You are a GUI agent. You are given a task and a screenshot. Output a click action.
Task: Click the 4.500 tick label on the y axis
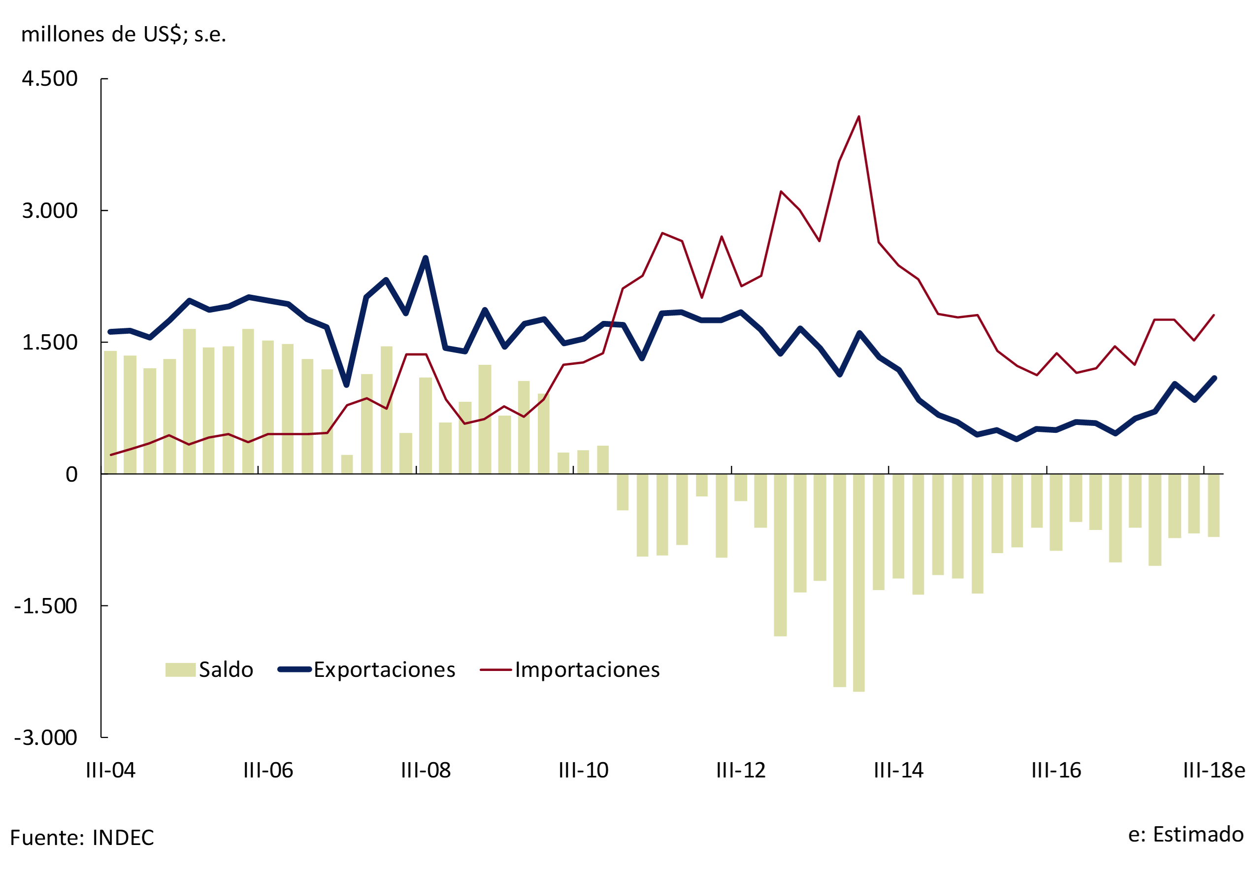pos(50,78)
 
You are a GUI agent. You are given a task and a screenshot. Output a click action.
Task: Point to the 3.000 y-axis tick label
pos(50,211)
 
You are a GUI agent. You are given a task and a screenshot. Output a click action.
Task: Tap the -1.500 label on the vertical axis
pos(46,606)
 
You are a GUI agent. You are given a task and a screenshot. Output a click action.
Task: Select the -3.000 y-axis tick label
pos(46,738)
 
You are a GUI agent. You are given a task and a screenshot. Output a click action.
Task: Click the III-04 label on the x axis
pos(111,771)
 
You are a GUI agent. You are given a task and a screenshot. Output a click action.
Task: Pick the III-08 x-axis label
pos(426,771)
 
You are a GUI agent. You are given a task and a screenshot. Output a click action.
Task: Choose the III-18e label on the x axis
pos(1214,771)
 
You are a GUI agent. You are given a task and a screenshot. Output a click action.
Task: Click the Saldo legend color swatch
pos(180,669)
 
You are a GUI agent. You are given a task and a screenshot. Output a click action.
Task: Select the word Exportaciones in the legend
pos(384,669)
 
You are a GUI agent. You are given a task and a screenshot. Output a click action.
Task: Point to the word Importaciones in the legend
pos(587,669)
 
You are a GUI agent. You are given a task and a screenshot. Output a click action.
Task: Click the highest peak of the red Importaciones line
pos(858,117)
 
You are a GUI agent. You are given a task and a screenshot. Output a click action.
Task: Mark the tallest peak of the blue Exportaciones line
pos(426,258)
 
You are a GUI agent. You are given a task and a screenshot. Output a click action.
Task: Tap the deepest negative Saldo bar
pos(858,584)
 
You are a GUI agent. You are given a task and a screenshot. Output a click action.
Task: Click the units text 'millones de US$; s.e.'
pos(124,35)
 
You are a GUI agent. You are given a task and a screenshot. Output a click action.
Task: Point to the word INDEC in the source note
pos(123,838)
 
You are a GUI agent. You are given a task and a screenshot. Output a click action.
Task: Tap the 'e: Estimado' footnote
pos(1185,834)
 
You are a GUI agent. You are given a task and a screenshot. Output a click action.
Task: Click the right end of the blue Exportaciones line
pos(1215,379)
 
